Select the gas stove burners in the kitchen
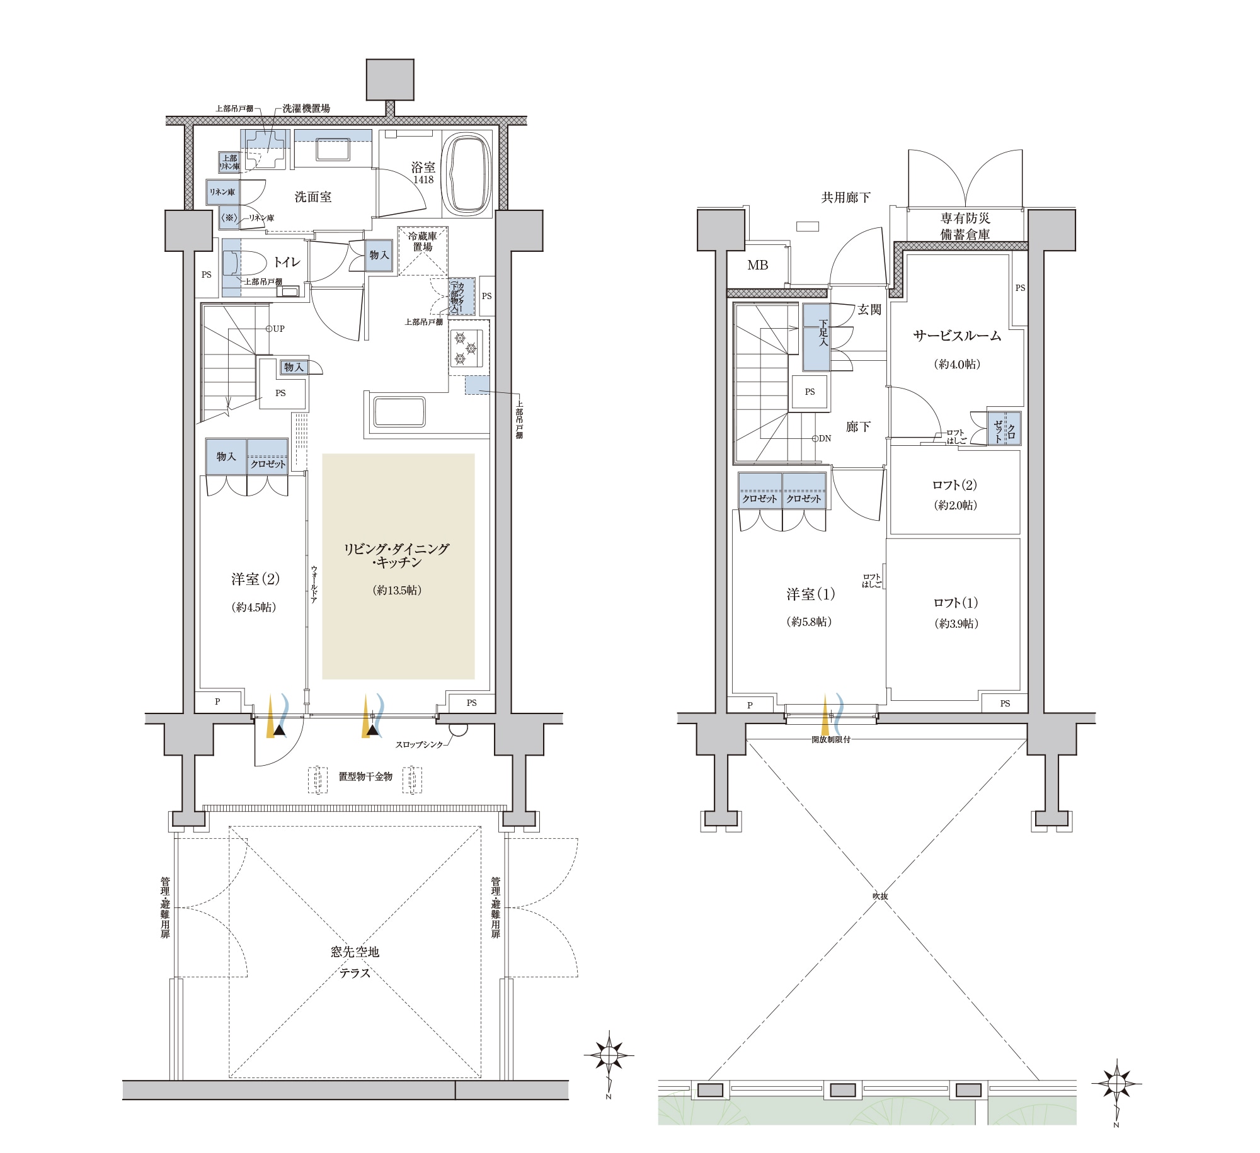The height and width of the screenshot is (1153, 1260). click(x=467, y=348)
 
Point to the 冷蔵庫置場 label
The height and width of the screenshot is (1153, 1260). click(x=422, y=242)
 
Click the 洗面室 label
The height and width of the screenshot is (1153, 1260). click(x=313, y=197)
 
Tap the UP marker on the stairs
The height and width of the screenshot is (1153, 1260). click(x=275, y=329)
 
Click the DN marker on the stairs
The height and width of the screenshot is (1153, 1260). click(x=822, y=438)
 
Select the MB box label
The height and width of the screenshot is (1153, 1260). click(x=757, y=265)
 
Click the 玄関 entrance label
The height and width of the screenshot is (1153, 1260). click(x=869, y=310)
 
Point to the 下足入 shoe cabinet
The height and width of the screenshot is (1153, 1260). click(x=816, y=338)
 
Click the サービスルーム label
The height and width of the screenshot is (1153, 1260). click(x=957, y=336)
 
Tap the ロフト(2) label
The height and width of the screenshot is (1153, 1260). click(x=955, y=485)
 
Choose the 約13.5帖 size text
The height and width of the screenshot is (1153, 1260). click(x=397, y=590)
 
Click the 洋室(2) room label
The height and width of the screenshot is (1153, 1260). click(x=255, y=579)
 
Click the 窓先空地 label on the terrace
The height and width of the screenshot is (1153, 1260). click(x=355, y=952)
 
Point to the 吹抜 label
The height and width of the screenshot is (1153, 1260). click(x=879, y=896)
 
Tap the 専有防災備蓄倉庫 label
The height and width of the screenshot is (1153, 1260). click(x=965, y=226)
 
